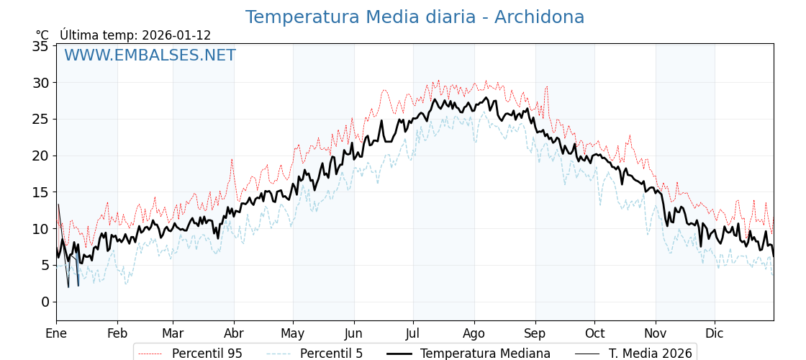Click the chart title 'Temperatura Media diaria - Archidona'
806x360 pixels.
click(415, 17)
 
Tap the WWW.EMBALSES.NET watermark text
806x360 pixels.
click(150, 55)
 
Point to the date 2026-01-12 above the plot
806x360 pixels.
click(176, 35)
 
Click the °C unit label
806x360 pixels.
click(42, 35)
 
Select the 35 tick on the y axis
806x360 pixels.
click(40, 46)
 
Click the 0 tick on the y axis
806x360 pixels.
click(45, 302)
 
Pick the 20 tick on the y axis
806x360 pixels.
click(40, 156)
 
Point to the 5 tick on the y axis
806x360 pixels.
click(45, 265)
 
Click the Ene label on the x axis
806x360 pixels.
click(56, 333)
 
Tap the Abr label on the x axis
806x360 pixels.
click(234, 333)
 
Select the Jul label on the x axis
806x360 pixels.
click(413, 333)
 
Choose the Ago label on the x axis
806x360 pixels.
click(474, 333)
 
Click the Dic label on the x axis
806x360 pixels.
click(715, 333)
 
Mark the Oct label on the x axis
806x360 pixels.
click(594, 333)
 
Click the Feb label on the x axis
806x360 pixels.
click(117, 333)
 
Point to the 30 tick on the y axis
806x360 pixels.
click(40, 83)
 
